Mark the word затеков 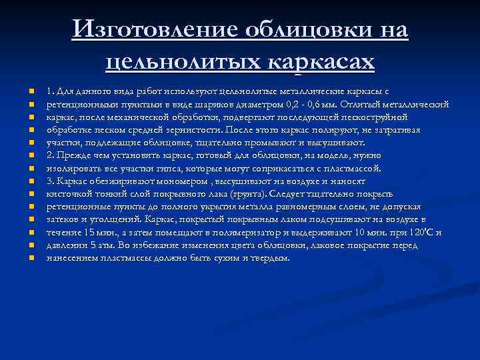coord(63,219)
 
